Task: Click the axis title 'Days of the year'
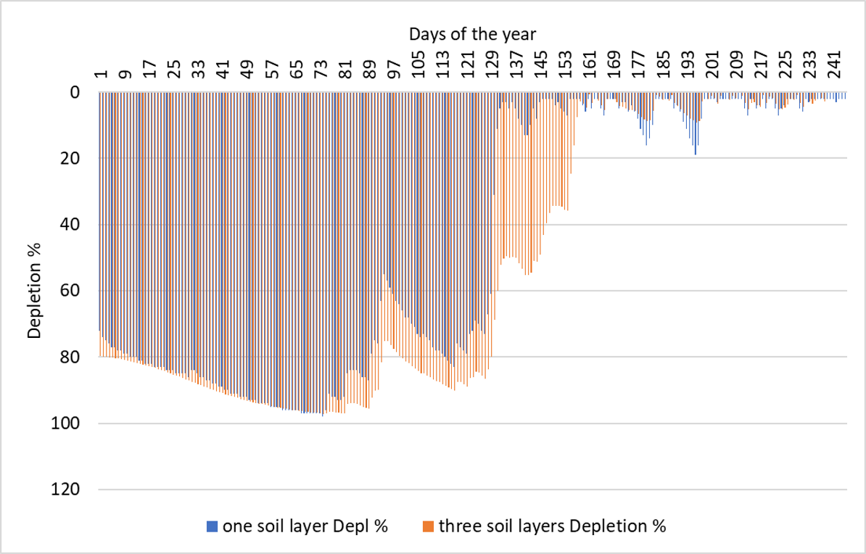(472, 33)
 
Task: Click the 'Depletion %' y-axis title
(34, 291)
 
